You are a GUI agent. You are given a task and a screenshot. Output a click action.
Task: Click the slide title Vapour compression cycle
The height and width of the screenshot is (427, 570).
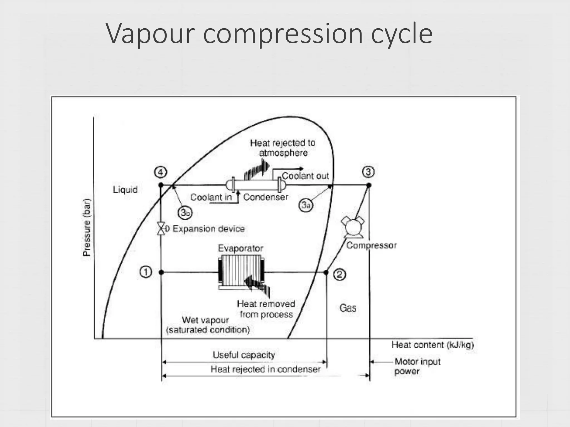click(x=269, y=34)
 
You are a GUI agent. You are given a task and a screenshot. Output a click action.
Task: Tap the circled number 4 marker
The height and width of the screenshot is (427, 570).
click(x=161, y=172)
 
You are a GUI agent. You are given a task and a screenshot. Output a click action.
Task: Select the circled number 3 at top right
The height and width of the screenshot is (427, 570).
click(x=368, y=172)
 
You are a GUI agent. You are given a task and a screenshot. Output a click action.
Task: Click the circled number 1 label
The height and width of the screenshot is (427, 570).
click(x=146, y=272)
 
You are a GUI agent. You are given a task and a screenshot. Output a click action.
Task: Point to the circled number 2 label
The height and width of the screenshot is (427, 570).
click(x=340, y=275)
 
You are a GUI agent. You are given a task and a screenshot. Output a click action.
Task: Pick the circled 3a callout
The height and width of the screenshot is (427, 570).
click(x=306, y=205)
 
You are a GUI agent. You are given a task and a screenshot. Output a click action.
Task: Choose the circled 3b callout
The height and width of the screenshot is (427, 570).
click(x=185, y=213)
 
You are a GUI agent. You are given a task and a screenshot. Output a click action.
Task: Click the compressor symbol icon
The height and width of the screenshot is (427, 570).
click(x=353, y=227)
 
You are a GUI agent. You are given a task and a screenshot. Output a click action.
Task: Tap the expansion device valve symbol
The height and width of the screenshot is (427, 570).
click(x=161, y=229)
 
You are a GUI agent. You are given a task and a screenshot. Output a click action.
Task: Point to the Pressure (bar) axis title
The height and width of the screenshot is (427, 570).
click(x=87, y=227)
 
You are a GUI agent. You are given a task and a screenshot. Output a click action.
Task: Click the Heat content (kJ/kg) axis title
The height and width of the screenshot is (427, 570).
click(x=432, y=345)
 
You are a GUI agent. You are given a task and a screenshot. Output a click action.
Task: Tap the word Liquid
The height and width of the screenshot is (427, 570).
click(x=125, y=190)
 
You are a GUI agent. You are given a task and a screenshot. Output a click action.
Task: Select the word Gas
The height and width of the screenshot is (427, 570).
click(x=348, y=308)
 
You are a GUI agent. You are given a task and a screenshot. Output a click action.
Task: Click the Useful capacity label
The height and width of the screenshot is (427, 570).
click(x=244, y=355)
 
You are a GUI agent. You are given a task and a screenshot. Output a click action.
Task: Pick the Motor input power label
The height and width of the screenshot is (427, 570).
click(x=417, y=366)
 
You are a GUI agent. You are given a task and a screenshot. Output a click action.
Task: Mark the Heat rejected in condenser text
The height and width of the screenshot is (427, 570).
click(x=265, y=369)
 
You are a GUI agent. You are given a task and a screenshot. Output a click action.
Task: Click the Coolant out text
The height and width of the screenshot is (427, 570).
click(x=305, y=176)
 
